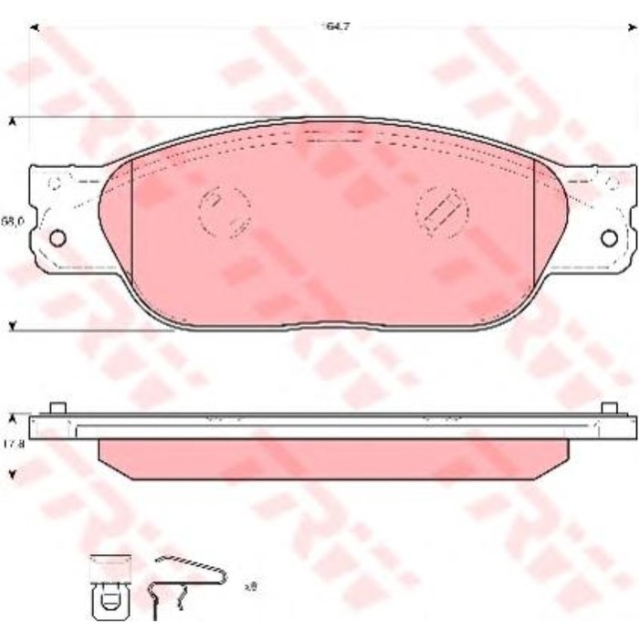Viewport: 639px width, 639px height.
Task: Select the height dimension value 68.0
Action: [11, 221]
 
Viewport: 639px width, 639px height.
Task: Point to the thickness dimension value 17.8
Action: [11, 445]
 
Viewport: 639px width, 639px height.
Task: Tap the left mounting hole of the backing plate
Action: [58, 237]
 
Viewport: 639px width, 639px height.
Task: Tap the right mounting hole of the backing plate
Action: [609, 237]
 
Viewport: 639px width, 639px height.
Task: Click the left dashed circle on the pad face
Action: [224, 212]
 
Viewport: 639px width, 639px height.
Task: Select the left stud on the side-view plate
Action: [58, 407]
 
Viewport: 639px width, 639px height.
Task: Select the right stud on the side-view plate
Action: [609, 407]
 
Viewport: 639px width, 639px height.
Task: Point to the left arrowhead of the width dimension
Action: [35, 27]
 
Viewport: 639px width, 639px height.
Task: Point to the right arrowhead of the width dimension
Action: [632, 27]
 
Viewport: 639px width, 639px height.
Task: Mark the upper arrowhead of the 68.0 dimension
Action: [13, 120]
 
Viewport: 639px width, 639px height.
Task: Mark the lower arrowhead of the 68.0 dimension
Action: [13, 326]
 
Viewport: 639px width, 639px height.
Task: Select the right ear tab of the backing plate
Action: [602, 219]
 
